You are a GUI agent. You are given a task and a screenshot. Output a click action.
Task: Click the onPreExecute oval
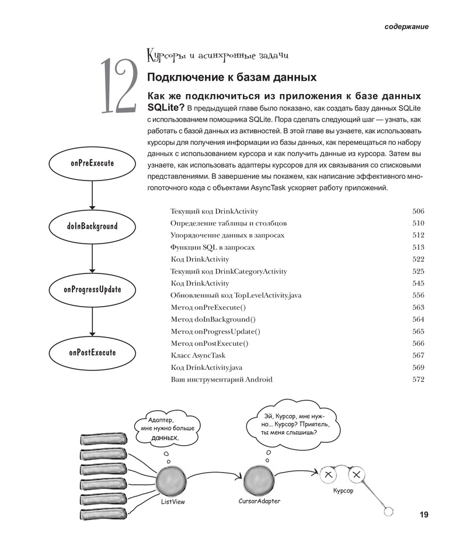pos(92,164)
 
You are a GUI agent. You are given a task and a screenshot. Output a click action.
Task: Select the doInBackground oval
pos(92,226)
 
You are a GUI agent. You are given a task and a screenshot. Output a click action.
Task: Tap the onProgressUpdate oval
pos(92,289)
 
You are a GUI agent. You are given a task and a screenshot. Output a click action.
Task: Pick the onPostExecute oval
pos(92,352)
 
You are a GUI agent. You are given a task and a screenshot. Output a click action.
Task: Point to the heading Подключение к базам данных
pos(232,77)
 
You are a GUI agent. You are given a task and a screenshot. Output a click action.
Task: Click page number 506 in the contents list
pos(418,211)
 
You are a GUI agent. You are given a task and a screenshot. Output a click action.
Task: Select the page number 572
pos(418,379)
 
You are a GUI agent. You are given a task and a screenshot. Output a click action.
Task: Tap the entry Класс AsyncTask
pos(197,355)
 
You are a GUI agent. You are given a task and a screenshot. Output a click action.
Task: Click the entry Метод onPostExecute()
pos(209,343)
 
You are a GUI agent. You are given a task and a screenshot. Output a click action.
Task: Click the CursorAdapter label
pos(259,501)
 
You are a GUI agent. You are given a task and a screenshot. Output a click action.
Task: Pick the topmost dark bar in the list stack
pos(103,440)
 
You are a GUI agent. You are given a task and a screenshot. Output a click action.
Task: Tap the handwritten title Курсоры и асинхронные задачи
pos(217,57)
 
